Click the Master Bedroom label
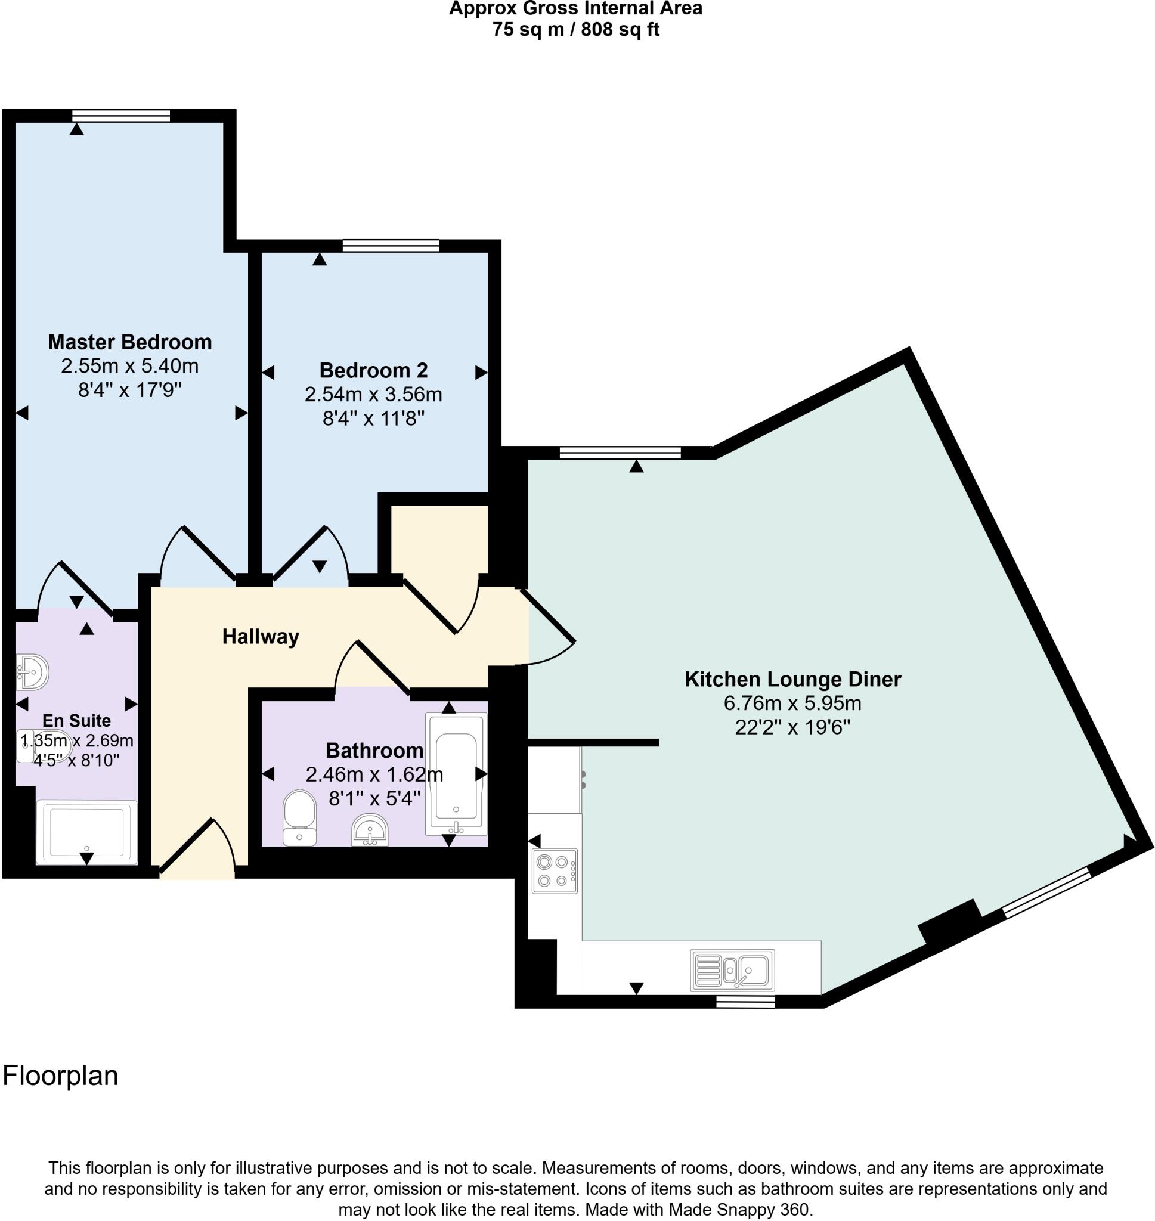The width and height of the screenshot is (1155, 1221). tap(130, 342)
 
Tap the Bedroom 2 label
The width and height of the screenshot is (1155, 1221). tap(373, 370)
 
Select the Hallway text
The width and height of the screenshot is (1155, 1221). tap(261, 636)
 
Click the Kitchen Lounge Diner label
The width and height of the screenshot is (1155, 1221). tap(792, 680)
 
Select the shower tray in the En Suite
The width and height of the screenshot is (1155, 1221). tap(86, 832)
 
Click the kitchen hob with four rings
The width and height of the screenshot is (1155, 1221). tap(555, 871)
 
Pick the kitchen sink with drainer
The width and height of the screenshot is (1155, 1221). tap(733, 970)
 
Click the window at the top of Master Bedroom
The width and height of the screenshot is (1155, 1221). tap(120, 115)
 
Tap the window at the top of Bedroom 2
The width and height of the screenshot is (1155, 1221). tap(391, 246)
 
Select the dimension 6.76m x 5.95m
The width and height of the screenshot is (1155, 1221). tap(792, 703)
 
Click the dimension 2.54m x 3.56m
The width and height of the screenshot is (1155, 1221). tap(373, 395)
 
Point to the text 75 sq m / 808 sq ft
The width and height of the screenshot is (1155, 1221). tap(575, 30)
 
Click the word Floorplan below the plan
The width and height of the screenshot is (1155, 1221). tap(60, 1076)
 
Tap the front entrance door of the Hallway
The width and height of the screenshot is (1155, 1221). tap(196, 847)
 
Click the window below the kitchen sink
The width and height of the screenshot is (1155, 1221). tap(745, 1003)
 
